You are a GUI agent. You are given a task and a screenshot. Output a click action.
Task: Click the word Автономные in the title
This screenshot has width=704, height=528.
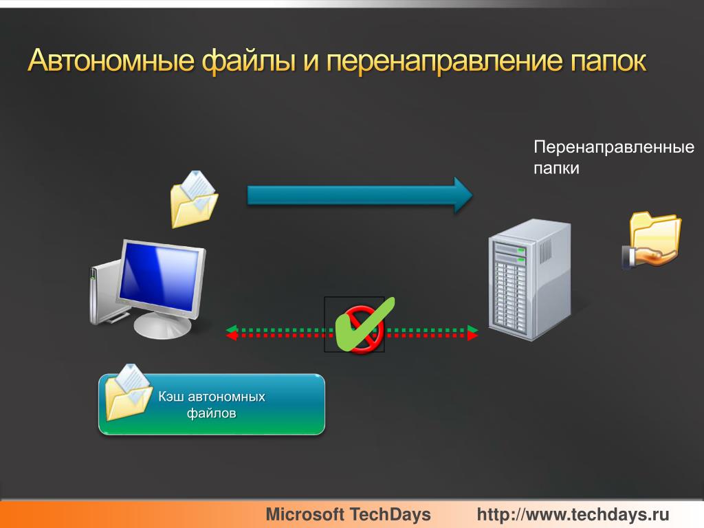(x=111, y=60)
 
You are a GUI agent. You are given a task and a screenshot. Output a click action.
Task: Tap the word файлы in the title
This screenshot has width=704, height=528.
(x=249, y=61)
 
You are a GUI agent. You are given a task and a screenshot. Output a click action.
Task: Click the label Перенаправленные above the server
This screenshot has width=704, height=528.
(x=614, y=147)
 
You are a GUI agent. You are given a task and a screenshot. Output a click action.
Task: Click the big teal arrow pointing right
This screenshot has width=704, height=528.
(x=360, y=195)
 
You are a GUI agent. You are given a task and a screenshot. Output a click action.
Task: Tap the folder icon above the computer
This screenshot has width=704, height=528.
(x=194, y=199)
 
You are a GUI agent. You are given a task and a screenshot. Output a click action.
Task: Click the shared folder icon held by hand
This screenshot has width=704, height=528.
(x=652, y=240)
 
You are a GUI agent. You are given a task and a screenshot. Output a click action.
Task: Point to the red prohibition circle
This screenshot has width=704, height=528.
(x=363, y=330)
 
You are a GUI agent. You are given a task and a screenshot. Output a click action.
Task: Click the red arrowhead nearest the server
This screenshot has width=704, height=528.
(x=473, y=335)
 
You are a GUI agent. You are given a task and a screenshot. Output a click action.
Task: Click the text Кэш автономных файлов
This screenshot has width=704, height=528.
(x=212, y=404)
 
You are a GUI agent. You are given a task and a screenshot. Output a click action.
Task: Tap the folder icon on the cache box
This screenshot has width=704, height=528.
(x=129, y=392)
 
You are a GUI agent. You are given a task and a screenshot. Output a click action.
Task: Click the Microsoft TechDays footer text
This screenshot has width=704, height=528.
(x=348, y=514)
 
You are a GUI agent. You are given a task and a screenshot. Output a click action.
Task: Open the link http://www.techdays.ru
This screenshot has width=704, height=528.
(x=573, y=514)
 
